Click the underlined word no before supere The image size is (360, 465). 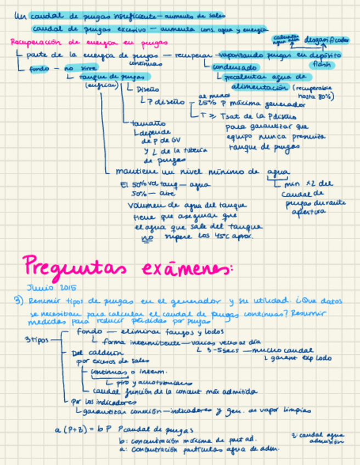147,237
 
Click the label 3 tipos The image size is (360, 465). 37,339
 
